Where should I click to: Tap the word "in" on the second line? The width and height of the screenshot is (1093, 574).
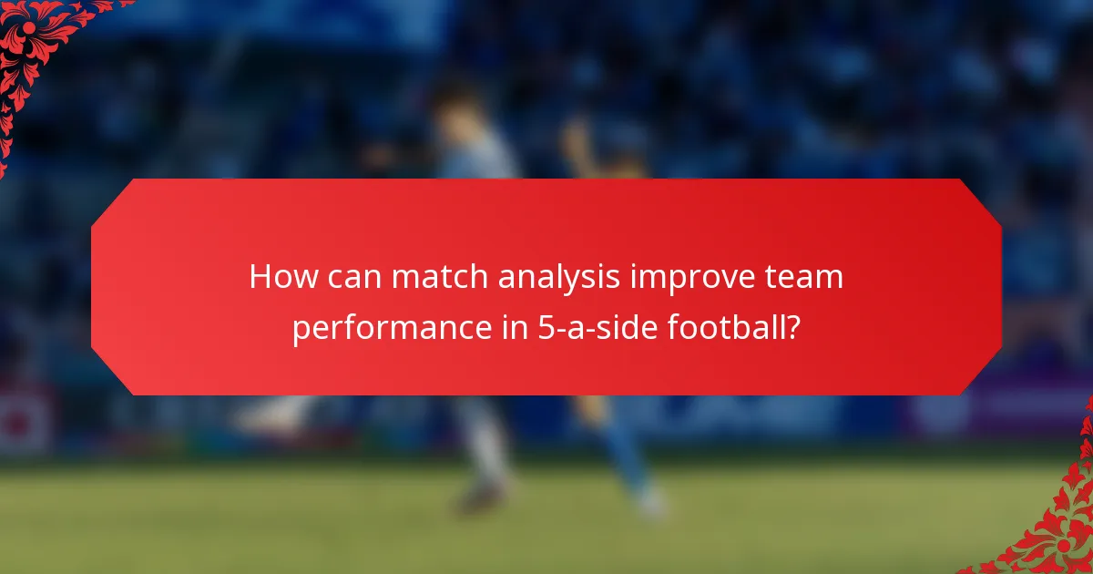(x=510, y=327)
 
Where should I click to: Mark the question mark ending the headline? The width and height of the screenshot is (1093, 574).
(x=793, y=327)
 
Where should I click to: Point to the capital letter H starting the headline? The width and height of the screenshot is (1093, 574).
(x=260, y=277)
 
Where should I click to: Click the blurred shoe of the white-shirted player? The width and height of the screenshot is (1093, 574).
(x=478, y=497)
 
